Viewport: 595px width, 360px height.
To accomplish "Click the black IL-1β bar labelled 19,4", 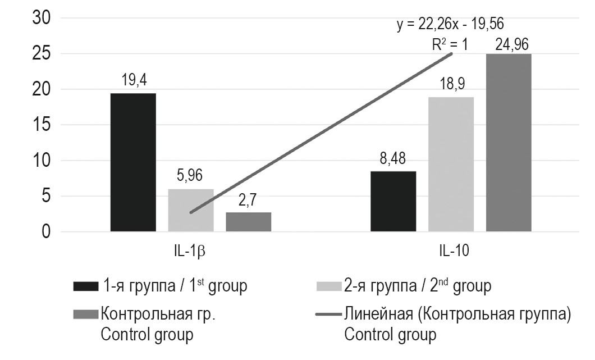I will (x=133, y=162).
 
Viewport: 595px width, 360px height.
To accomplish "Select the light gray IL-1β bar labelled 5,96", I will (x=191, y=210).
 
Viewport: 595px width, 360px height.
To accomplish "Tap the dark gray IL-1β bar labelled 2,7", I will (x=248, y=222).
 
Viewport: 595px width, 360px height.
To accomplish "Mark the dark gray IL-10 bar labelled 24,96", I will (x=509, y=143).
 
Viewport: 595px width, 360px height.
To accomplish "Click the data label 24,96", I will (x=509, y=43).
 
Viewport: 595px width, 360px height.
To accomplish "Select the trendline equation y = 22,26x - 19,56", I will (x=451, y=25).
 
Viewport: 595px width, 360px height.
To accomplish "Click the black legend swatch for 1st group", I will (x=85, y=286).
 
